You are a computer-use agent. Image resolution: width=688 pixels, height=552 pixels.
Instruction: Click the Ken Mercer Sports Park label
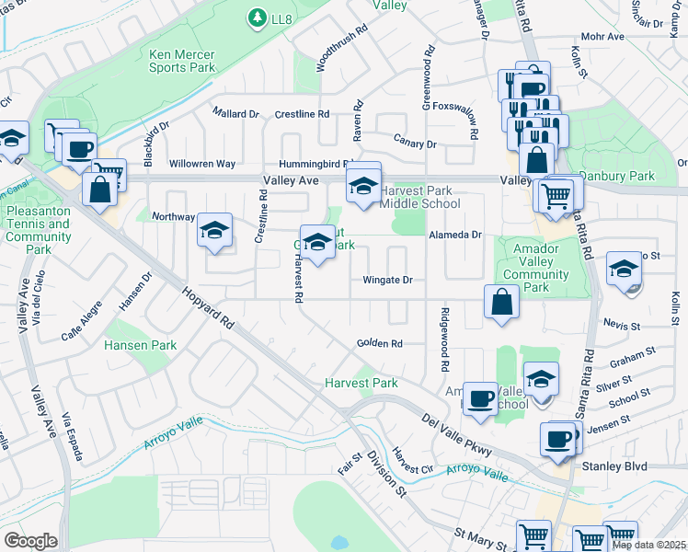click(182, 61)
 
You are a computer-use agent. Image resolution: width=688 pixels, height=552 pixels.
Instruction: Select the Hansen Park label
click(140, 345)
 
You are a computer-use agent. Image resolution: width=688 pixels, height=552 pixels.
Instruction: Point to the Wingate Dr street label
click(387, 280)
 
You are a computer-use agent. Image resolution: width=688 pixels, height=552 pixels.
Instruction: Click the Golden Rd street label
click(380, 344)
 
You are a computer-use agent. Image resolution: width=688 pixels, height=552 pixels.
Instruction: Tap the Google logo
click(30, 540)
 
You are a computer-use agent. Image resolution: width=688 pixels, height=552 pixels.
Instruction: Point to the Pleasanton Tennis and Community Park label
click(39, 230)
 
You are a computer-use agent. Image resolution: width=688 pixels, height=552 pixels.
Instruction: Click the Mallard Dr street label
click(235, 113)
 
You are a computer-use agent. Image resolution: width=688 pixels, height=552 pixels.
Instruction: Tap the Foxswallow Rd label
click(474, 120)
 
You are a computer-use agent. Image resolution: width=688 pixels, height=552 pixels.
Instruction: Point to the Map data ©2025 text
click(648, 545)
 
